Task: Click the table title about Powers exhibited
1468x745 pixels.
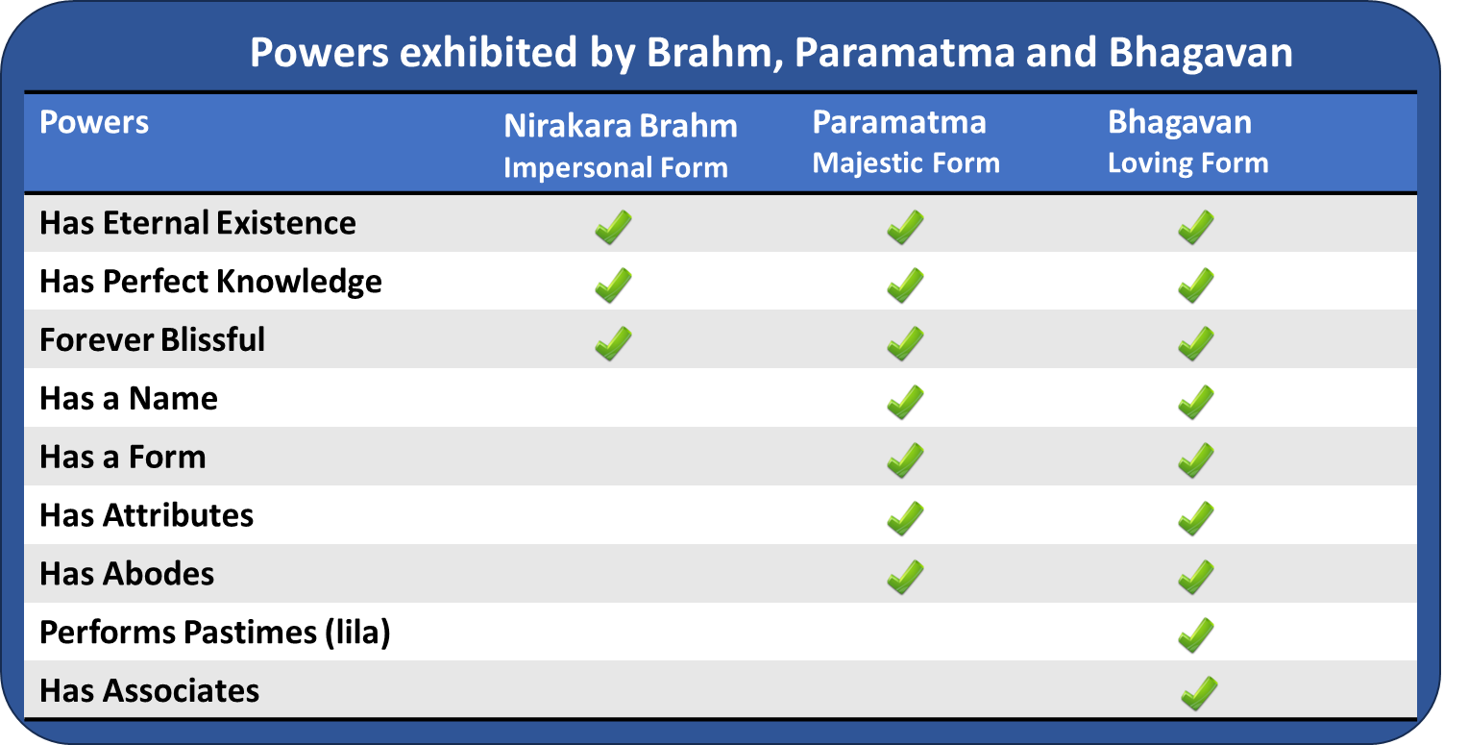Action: pos(771,53)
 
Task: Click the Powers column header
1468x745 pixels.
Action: pos(94,123)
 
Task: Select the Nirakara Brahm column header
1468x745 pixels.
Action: pos(620,145)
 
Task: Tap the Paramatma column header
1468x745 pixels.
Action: pos(905,142)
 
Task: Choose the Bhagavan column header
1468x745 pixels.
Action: pos(1187,142)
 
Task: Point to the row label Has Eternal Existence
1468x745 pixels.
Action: pos(198,223)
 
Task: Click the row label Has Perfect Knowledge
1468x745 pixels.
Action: pos(210,282)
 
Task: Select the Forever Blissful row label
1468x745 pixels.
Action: pos(152,340)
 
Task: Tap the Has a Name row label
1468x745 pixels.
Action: pos(129,398)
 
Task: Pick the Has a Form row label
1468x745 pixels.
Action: pos(123,457)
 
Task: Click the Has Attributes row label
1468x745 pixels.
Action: pos(146,515)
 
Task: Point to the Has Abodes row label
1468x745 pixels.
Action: pos(127,574)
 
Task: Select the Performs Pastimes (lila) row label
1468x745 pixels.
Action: pos(214,633)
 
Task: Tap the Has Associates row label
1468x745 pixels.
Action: pos(149,691)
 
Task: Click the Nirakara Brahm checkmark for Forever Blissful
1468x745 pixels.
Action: pos(613,343)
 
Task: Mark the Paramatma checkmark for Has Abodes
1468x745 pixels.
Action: pos(905,577)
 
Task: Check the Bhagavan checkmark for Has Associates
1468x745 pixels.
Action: pos(1198,693)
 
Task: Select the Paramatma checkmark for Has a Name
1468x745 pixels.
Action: pos(905,402)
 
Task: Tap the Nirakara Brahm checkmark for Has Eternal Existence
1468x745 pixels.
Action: pos(613,227)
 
